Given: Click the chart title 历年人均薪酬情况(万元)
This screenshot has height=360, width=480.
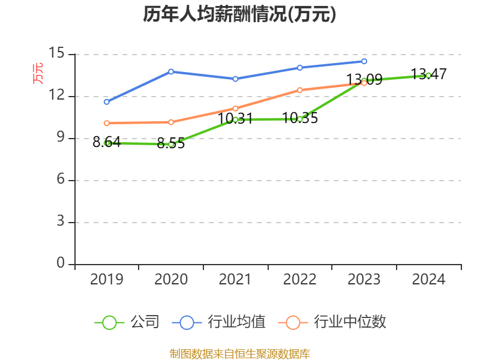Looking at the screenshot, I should (239, 14).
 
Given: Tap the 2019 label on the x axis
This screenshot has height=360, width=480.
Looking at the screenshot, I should (107, 279).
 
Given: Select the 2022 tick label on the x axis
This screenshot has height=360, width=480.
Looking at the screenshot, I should (299, 279).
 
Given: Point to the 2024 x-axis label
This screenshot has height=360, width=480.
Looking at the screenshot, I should (428, 279).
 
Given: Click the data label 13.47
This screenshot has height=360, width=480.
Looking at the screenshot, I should (428, 74).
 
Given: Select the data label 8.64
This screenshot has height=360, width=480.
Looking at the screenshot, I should (107, 142).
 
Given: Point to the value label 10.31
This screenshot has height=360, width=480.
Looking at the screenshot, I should (235, 119).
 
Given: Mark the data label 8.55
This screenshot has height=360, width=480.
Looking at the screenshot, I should (171, 143).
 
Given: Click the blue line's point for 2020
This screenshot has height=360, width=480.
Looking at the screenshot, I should (171, 71).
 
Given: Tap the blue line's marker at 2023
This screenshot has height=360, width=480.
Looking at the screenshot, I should (364, 61).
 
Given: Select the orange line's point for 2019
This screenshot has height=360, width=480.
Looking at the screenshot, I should (107, 123).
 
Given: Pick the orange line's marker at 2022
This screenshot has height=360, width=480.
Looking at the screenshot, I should (300, 90).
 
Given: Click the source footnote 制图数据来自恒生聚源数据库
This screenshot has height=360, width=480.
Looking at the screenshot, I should (239, 353).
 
